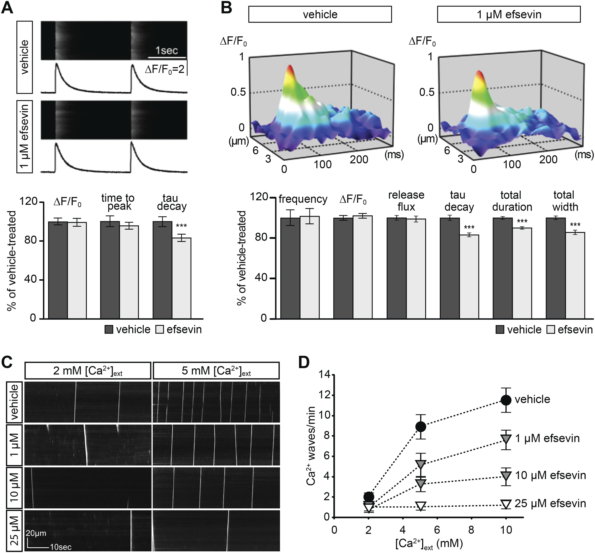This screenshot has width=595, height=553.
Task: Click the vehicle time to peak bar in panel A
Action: pyautogui.click(x=110, y=269)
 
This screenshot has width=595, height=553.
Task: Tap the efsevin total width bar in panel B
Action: pyautogui.click(x=575, y=275)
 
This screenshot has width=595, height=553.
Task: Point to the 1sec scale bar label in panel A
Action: pyautogui.click(x=166, y=50)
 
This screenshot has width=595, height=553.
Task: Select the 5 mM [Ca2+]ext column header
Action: pyautogui.click(x=216, y=371)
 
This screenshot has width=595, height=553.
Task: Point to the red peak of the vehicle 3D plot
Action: pyautogui.click(x=290, y=70)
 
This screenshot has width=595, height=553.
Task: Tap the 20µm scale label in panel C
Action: pyautogui.click(x=36, y=533)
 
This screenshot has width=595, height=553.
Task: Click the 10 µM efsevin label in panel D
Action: pyautogui.click(x=550, y=475)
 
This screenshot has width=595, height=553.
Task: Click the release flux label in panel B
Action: pyautogui.click(x=406, y=201)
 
